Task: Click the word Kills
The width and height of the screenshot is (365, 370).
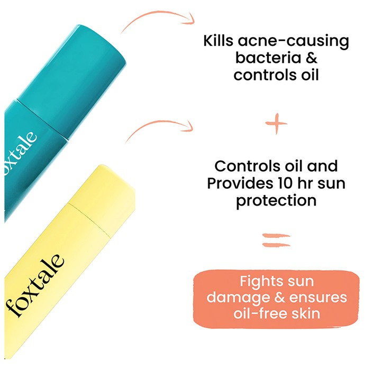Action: pyautogui.click(x=218, y=41)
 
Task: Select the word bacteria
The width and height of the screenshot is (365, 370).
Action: pyautogui.click(x=268, y=57)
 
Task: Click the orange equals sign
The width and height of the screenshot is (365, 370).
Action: pyautogui.click(x=276, y=240)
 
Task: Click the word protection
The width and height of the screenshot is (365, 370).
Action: pyautogui.click(x=276, y=201)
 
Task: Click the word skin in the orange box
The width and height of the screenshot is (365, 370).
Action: pyautogui.click(x=306, y=313)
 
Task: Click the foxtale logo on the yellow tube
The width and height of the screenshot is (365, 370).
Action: pyautogui.click(x=35, y=285)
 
